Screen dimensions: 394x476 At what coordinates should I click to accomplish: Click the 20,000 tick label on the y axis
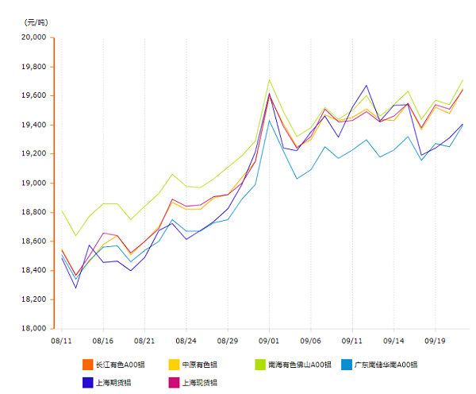pos(33,37)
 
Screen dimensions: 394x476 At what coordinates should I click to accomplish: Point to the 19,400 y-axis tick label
pos(33,125)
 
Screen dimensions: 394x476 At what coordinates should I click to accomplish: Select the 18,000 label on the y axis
pos(33,328)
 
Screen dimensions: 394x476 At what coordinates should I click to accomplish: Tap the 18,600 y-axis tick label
pos(33,241)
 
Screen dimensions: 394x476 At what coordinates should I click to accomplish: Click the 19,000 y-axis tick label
pos(33,183)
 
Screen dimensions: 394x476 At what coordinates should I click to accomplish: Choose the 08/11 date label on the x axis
pos(61,340)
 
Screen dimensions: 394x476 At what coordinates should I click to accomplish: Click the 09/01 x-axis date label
pos(269,340)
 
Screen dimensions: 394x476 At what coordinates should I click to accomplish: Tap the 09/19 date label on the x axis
pos(436,340)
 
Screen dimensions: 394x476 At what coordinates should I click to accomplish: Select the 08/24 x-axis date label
pos(186,340)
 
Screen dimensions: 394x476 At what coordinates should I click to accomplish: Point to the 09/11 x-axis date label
pos(352,340)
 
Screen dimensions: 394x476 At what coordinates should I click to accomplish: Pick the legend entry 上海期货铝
pos(112,382)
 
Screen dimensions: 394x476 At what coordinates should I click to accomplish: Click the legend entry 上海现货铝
pos(199,382)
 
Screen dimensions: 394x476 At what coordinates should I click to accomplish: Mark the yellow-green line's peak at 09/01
pos(270,79)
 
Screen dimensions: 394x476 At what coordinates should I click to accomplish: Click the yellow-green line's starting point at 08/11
pos(62,211)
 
